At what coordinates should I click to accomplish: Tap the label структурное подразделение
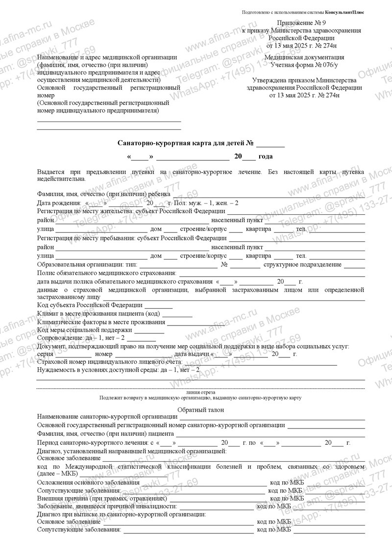(x=302, y=265)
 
